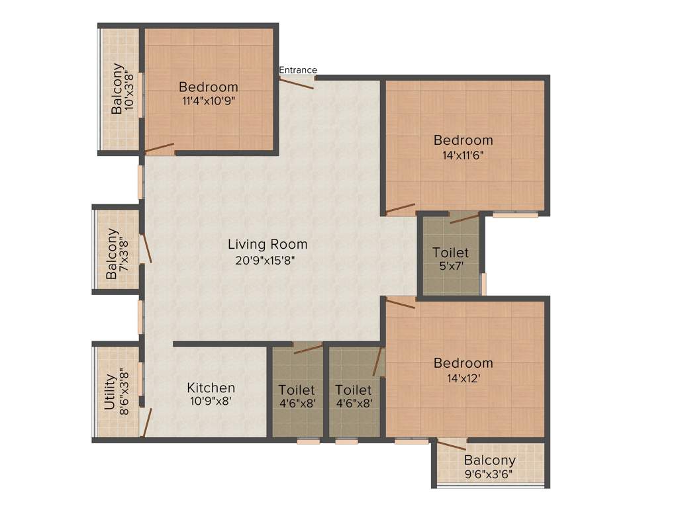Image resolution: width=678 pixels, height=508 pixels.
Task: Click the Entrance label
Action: click(298, 70)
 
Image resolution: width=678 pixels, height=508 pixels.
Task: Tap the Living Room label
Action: click(267, 245)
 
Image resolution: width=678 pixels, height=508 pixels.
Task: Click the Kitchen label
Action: click(211, 388)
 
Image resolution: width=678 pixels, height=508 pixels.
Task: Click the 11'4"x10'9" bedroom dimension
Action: click(209, 101)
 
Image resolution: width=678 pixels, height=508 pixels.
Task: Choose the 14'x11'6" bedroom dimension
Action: click(463, 155)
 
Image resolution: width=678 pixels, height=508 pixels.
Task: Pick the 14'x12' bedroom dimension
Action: click(463, 378)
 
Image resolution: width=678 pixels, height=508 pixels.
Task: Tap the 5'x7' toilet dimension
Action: click(451, 267)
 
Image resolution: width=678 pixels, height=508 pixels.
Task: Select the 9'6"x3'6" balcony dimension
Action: click(490, 474)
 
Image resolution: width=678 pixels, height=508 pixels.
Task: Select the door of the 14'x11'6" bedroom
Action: click(401, 209)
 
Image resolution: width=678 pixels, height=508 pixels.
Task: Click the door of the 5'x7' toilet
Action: click(465, 218)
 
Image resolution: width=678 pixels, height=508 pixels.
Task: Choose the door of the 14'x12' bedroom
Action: click(400, 302)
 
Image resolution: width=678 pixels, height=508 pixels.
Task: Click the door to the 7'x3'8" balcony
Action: click(146, 249)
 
